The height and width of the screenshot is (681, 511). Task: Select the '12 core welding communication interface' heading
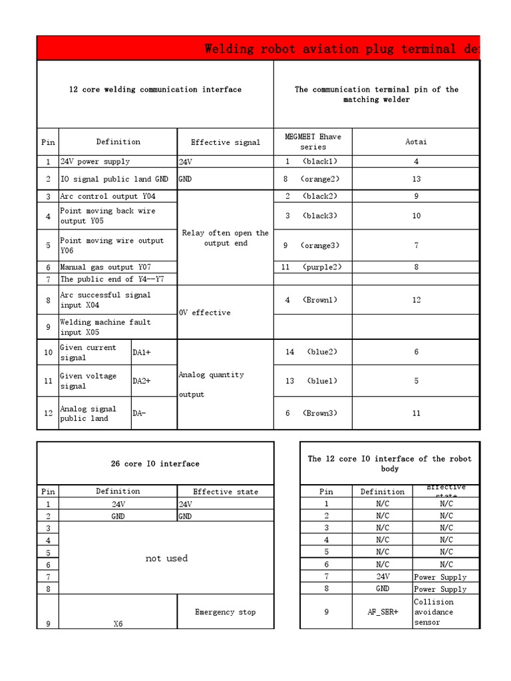155,89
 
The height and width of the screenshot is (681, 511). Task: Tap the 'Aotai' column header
416,142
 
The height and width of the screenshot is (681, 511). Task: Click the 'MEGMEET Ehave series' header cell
313,142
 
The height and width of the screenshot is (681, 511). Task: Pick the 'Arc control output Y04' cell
108,196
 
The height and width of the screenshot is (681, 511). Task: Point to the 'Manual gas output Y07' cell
105,267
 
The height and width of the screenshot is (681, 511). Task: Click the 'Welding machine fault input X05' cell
105,327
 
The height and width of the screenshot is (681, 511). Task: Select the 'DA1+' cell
142,352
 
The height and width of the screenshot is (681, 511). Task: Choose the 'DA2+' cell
142,381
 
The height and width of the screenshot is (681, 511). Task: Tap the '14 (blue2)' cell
313,352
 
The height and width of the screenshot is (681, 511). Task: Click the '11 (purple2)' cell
313,267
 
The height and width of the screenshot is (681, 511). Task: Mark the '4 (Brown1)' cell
313,300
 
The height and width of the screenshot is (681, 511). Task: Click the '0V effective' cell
205,313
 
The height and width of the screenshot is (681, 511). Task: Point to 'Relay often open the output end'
225,238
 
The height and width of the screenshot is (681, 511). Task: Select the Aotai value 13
416,179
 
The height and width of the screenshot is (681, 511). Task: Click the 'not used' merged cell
166,558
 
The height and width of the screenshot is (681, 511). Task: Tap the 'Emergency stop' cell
225,612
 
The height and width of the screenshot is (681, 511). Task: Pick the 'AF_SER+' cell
382,612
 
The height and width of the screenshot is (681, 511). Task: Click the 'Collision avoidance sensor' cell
444,612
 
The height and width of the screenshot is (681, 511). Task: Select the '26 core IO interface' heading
155,464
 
